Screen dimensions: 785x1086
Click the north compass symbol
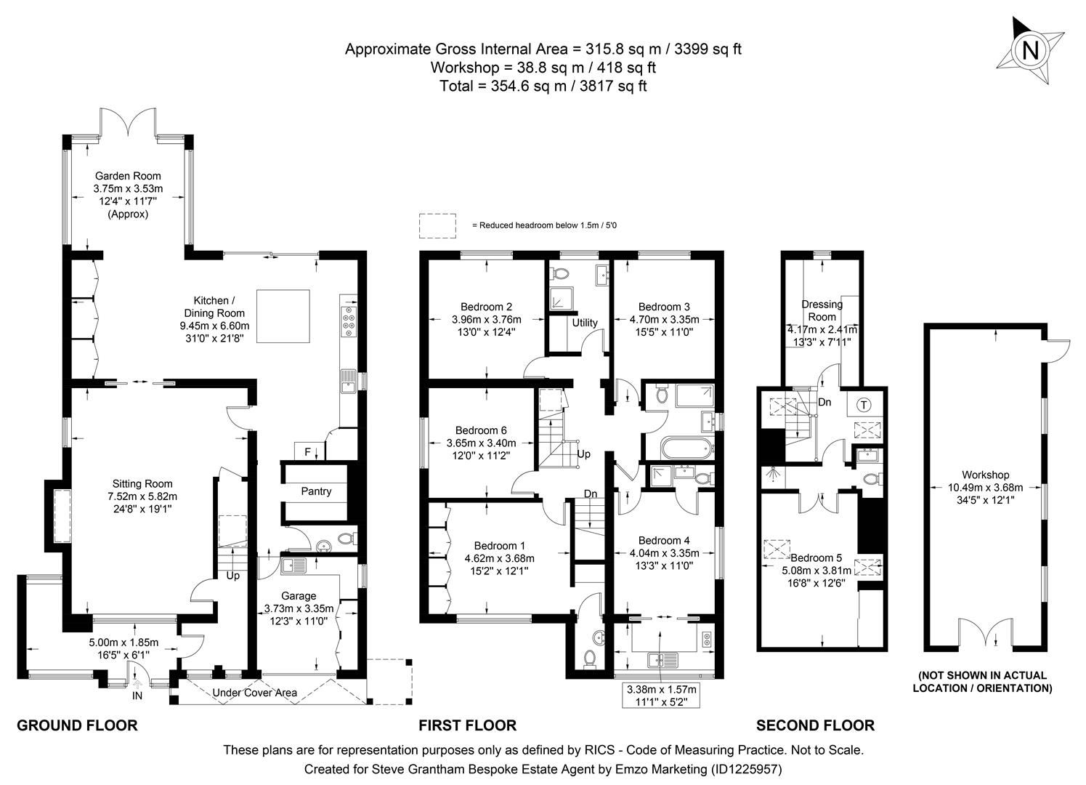(1029, 52)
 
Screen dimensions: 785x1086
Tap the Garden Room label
(128, 176)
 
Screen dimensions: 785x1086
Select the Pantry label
(316, 491)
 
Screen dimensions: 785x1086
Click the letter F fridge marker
(307, 452)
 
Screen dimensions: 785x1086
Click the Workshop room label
(986, 475)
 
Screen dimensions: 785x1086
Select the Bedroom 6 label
(480, 430)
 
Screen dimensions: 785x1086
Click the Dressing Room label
(822, 310)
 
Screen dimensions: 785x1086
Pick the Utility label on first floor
(584, 323)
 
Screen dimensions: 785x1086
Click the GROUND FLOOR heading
(77, 725)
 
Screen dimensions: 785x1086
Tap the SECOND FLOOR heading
(815, 725)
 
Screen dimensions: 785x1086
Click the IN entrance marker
(137, 696)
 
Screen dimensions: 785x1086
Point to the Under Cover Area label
(254, 693)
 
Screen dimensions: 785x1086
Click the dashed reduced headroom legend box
(437, 225)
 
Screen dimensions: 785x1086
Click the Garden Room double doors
(128, 124)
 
